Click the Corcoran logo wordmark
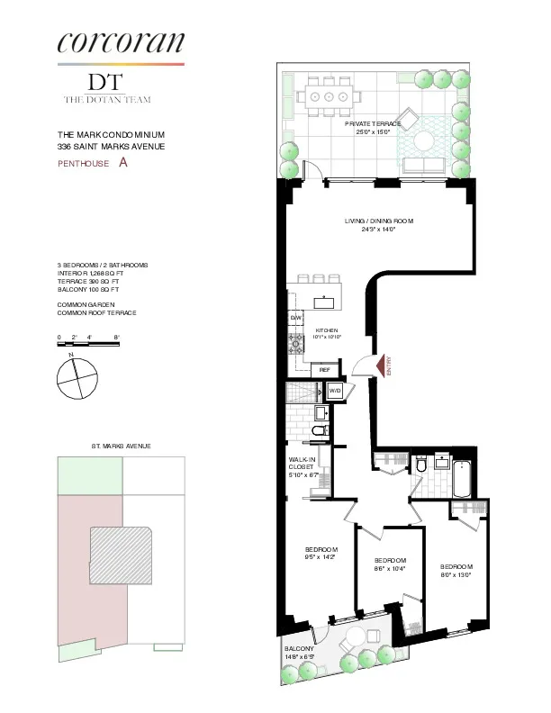121,41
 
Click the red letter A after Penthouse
123,163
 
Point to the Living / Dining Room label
371,225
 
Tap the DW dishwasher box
295,319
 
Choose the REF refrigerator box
325,369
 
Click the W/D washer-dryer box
335,391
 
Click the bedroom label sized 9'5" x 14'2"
321,554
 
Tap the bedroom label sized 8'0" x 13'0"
456,571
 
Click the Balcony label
299,654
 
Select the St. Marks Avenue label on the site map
121,446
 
